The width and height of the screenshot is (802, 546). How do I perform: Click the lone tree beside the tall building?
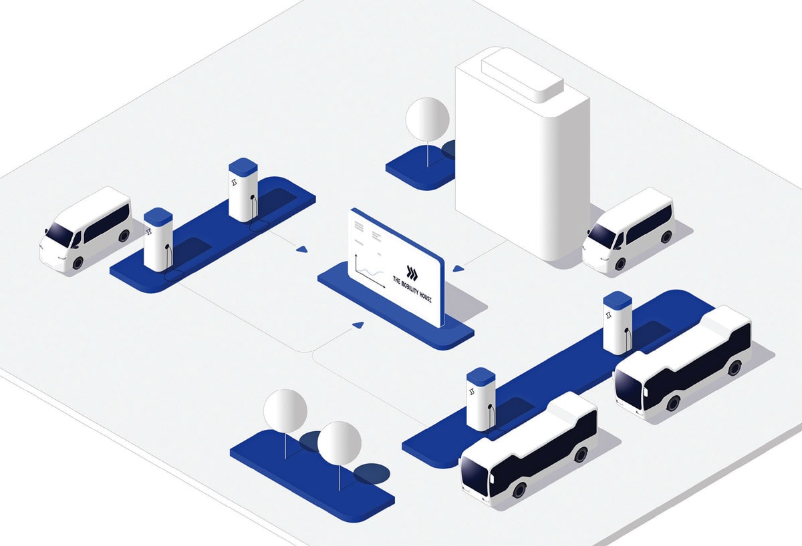428,119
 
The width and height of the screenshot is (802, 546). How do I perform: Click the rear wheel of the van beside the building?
666,238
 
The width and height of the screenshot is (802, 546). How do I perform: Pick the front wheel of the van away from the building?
78,263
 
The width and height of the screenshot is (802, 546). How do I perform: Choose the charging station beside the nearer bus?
481,399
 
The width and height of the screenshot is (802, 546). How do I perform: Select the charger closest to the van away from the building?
158,239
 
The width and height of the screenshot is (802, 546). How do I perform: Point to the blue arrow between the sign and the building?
458,268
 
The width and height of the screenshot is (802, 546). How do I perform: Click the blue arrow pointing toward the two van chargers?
302,250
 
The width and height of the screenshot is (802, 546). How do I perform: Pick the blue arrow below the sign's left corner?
358,324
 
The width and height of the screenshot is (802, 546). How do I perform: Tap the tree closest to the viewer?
339,443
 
